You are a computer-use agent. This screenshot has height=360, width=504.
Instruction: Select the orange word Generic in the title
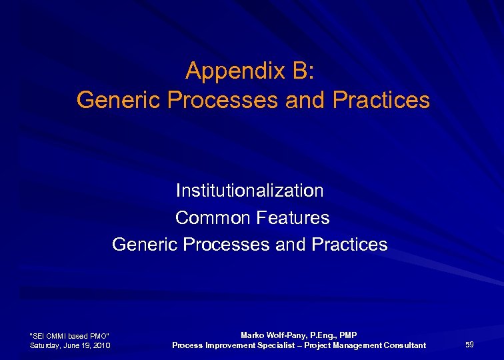pos(119,101)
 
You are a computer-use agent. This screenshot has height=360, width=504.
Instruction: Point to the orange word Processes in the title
pos(224,101)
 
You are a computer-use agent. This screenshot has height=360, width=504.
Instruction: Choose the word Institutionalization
pos(249,191)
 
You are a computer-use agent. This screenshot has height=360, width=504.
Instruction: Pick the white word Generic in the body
pos(143,245)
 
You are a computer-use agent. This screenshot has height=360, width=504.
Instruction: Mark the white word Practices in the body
pos(347,245)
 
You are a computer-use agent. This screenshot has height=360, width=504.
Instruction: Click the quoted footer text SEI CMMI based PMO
pos(70,335)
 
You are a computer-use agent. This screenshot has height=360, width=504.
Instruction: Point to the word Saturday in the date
pos(47,345)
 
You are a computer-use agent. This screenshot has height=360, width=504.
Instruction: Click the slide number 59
pos(469,344)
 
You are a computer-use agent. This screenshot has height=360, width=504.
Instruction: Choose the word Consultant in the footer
pos(403,345)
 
